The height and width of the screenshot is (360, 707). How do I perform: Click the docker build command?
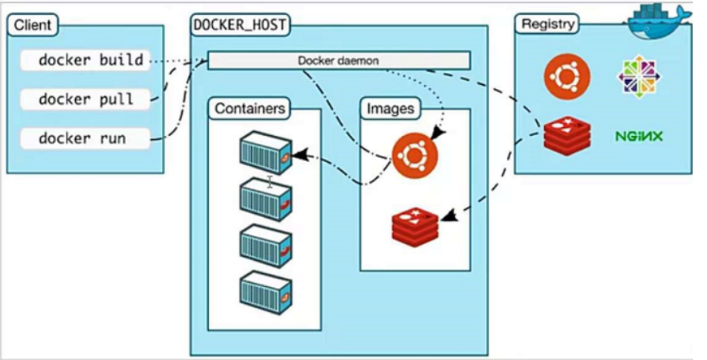pyautogui.click(x=86, y=61)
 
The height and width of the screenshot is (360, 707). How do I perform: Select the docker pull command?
pyautogui.click(x=86, y=99)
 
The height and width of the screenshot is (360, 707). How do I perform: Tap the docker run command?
pyautogui.click(x=86, y=138)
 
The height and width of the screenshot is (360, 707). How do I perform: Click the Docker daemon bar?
pyautogui.click(x=338, y=61)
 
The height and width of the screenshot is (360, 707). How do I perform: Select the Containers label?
pyautogui.click(x=250, y=109)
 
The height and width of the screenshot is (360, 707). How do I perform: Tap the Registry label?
pyautogui.click(x=546, y=24)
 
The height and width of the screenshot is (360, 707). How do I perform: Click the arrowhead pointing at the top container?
pyautogui.click(x=298, y=153)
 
